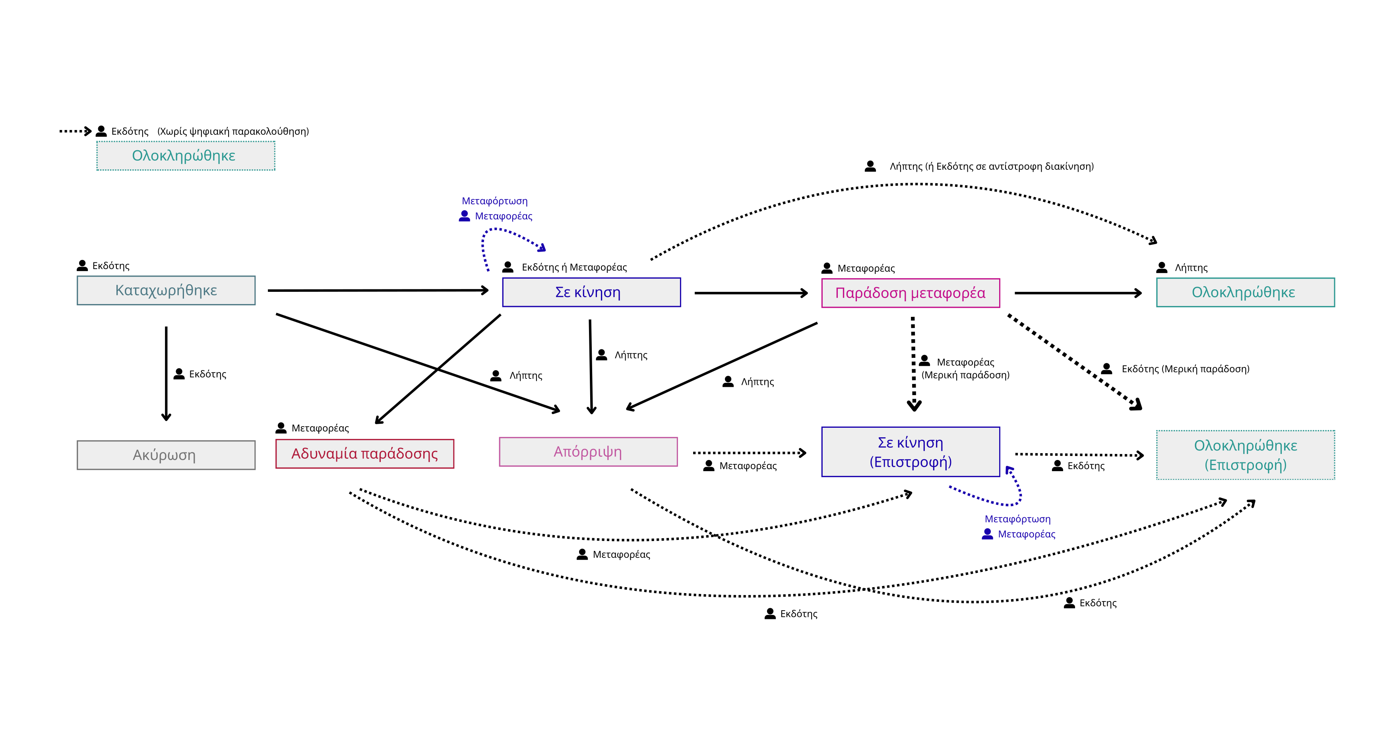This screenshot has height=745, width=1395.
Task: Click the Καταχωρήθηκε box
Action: [166, 291]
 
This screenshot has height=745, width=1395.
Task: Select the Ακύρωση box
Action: [166, 455]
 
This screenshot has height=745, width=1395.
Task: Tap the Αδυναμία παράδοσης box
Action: [365, 454]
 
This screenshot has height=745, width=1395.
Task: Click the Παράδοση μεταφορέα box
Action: [911, 293]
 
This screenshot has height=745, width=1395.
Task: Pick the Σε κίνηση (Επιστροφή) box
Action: [911, 452]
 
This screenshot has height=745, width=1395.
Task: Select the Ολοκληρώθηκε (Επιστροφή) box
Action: [1246, 455]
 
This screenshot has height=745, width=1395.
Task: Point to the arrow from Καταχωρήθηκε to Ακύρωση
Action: [166, 373]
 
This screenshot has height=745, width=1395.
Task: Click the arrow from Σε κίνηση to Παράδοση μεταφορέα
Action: [751, 293]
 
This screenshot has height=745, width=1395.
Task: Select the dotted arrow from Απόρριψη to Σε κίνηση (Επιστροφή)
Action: [750, 452]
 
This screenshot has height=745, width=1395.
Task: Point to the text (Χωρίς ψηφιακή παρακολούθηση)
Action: [233, 131]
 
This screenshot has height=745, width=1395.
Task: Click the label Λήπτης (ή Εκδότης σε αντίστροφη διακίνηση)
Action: [992, 166]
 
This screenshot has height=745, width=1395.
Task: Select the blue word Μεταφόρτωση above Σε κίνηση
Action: [494, 201]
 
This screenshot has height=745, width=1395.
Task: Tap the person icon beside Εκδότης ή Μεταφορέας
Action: [508, 267]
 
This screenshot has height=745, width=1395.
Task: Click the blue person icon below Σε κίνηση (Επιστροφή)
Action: [987, 534]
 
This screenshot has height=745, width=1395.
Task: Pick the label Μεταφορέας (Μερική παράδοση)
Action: [965, 369]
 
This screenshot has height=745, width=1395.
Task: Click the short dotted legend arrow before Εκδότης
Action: [75, 131]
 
